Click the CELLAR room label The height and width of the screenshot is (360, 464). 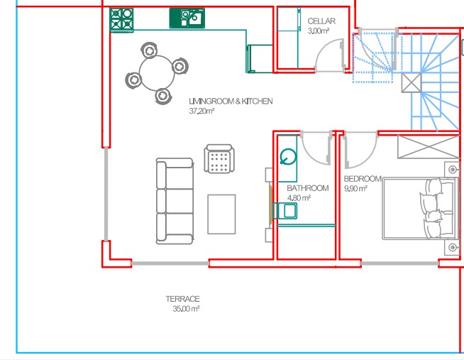tap(321, 21)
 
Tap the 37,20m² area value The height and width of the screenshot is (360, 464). tap(201, 111)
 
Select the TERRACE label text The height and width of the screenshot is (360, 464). tap(182, 299)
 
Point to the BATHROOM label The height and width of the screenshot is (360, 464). tap(308, 188)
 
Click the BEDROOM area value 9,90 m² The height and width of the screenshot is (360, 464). tap(355, 189)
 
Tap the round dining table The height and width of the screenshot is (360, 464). tap(157, 73)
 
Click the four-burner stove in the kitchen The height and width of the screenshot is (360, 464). tap(121, 20)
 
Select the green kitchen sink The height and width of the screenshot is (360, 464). tap(187, 18)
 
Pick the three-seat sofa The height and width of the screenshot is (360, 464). tap(175, 202)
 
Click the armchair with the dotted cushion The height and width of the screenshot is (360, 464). tap(219, 158)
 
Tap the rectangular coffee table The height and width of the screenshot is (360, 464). tap(221, 214)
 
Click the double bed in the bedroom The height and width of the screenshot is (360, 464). tap(419, 209)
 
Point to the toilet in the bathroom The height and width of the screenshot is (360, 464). tap(285, 211)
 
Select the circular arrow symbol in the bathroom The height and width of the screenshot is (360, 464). tap(288, 156)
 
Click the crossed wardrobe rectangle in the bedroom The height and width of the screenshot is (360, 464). tap(429, 147)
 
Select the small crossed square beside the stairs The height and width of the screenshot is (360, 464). tap(411, 83)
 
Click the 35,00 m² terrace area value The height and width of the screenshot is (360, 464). tap(186, 309)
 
